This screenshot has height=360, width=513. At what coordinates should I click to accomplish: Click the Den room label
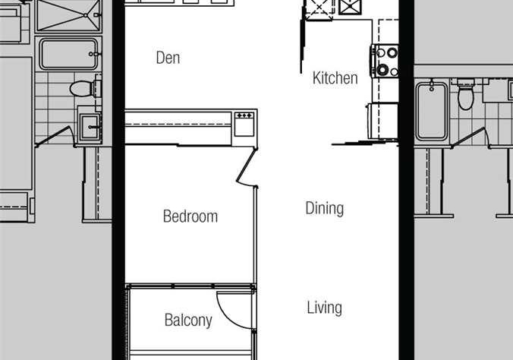pyautogui.click(x=168, y=58)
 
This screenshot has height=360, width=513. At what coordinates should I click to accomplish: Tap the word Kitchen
pyautogui.click(x=335, y=78)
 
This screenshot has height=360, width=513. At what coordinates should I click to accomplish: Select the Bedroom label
pyautogui.click(x=190, y=216)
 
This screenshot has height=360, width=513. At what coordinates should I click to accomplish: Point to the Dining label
pyautogui.click(x=325, y=208)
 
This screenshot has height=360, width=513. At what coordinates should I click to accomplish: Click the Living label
pyautogui.click(x=325, y=308)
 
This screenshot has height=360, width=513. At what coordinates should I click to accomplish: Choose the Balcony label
pyautogui.click(x=188, y=320)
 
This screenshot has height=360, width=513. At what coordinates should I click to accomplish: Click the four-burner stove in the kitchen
pyautogui.click(x=385, y=61)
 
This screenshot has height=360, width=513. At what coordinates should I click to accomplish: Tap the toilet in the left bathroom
pyautogui.click(x=86, y=88)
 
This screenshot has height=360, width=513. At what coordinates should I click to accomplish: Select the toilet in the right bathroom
pyautogui.click(x=465, y=94)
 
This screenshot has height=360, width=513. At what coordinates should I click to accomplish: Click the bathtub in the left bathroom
pyautogui.click(x=68, y=54)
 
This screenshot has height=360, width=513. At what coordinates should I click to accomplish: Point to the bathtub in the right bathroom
pyautogui.click(x=432, y=112)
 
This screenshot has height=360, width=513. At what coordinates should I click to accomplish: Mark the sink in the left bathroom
pyautogui.click(x=89, y=126)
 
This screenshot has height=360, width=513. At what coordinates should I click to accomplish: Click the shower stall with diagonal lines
pyautogui.click(x=68, y=15)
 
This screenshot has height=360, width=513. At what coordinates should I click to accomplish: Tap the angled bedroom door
pyautogui.click(x=246, y=166)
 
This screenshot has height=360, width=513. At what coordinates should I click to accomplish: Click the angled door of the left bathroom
pyautogui.click(x=55, y=136)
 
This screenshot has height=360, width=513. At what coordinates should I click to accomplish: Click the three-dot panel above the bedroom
pyautogui.click(x=244, y=124)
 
